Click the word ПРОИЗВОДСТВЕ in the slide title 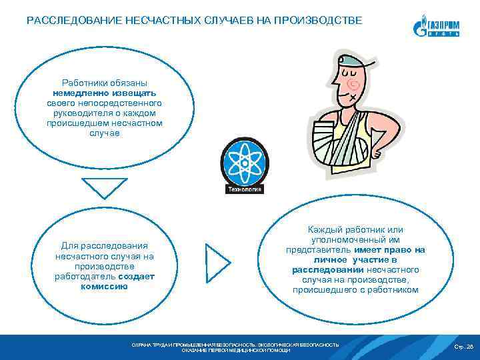pyautogui.click(x=325, y=21)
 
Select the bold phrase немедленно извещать pyautogui.click(x=104, y=94)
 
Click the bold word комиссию pyautogui.click(x=104, y=286)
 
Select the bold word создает pyautogui.click(x=136, y=276)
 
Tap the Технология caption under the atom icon pyautogui.click(x=245, y=189)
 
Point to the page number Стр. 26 pyautogui.click(x=463, y=347)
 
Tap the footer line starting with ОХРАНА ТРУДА pyautogui.click(x=235, y=344)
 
